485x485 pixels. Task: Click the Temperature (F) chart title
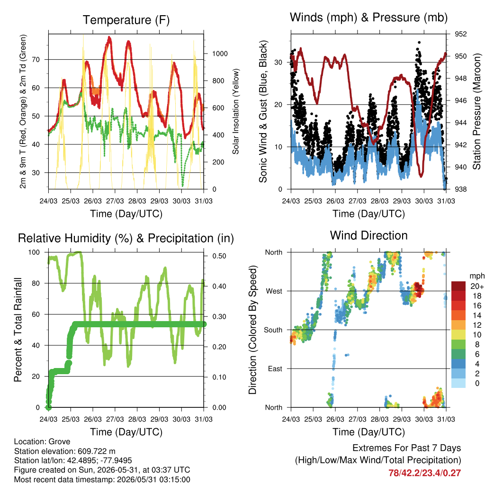tap(126, 20)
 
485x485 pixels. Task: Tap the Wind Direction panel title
tap(368, 235)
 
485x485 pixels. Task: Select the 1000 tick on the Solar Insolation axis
tap(220, 54)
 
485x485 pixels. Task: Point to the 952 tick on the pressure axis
tap(460, 34)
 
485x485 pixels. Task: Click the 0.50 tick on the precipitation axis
tap(219, 256)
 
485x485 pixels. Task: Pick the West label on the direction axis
tap(274, 291)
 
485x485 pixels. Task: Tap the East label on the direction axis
tap(275, 368)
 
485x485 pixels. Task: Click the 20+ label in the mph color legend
tap(477, 287)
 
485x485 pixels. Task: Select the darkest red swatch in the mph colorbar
tap(458, 286)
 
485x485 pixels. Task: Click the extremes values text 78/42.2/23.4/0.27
tap(425, 473)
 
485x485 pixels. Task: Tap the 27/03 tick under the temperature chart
tap(115, 201)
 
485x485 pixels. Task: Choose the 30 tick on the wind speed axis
tap(278, 62)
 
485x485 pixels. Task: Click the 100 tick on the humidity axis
tap(34, 252)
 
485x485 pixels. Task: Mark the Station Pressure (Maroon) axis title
tap(477, 111)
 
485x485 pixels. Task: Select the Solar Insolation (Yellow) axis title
tap(236, 111)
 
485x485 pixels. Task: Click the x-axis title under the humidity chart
tap(126, 432)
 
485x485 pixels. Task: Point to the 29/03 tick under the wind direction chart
tap(402, 419)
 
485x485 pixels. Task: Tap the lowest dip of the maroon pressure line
tap(421, 176)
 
